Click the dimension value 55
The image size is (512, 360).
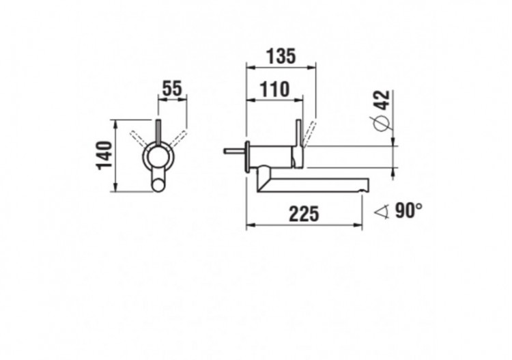(172, 87)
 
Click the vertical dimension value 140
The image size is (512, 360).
(104, 156)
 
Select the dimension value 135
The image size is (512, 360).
(281, 56)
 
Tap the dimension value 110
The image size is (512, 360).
(274, 89)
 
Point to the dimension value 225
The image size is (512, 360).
(303, 214)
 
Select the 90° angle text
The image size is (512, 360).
(408, 211)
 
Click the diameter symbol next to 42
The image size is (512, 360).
(382, 124)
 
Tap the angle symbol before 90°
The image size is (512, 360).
(384, 212)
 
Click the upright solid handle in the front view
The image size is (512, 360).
(158, 133)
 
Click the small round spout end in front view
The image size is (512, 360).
(159, 184)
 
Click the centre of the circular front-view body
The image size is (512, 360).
(159, 159)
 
